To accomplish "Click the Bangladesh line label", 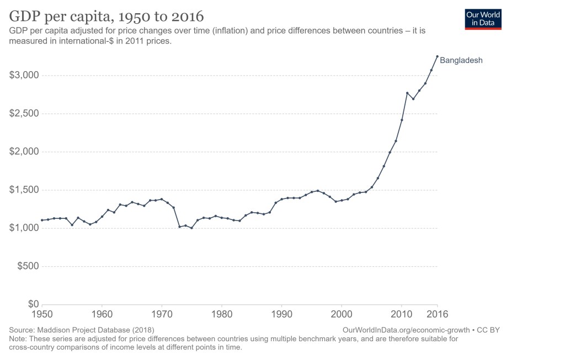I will pos(461,61).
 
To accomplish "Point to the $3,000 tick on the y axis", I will pos(24,76).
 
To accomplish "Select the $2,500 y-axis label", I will pos(24,114).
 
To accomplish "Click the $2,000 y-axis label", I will pos(24,152).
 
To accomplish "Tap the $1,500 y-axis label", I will pos(24,190).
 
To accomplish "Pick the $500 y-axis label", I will pos(28,266).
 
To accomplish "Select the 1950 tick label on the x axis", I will pos(42,314).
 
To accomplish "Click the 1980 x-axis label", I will pos(222,314).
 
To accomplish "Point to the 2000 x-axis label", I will pos(342,314).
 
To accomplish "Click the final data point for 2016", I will pos(438,56).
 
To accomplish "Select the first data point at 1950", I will pos(42,220).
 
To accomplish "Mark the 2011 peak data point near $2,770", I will pos(407,93).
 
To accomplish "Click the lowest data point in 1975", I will pos(191,228).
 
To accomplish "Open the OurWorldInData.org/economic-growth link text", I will pos(406,330).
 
